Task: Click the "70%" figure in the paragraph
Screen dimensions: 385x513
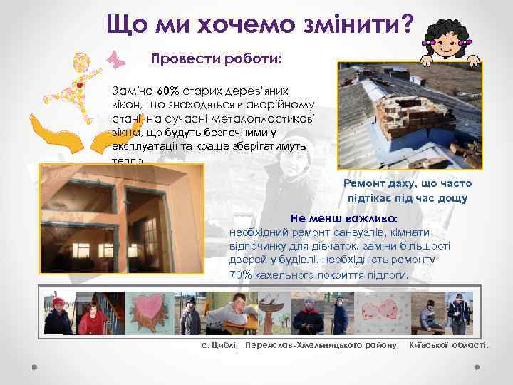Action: [x=241, y=274]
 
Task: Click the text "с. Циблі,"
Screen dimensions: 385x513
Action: [x=219, y=345]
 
